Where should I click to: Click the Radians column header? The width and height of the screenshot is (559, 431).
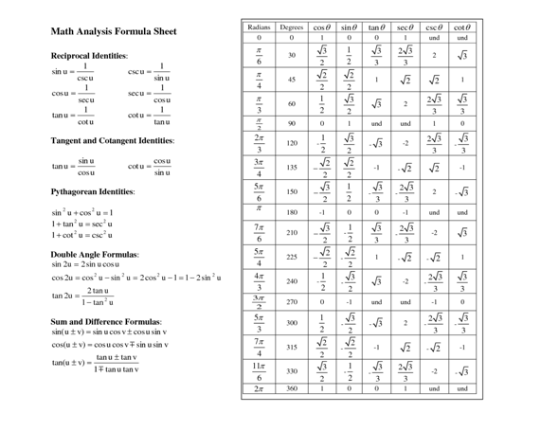coord(260,27)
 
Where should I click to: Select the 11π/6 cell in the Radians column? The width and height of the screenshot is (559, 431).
coord(260,370)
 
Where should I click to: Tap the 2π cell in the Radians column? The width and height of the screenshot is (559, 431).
coord(260,388)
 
